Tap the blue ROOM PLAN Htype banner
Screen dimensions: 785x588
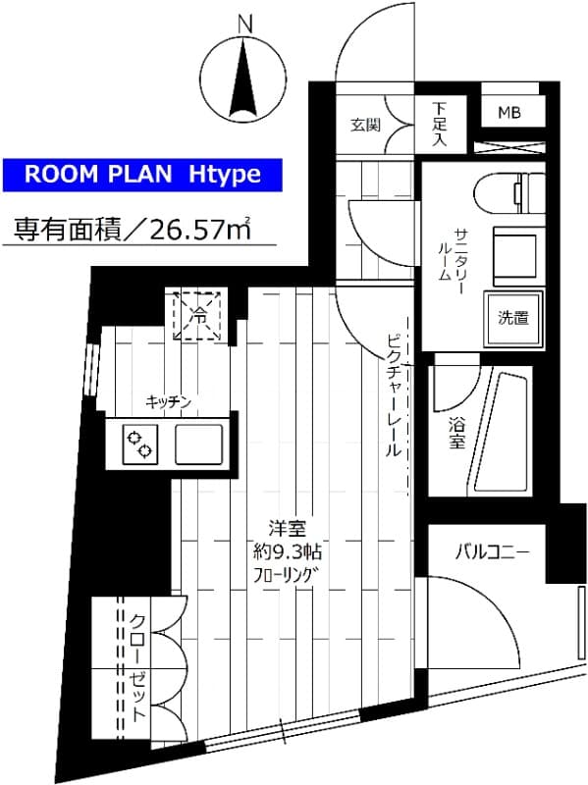pos(142,175)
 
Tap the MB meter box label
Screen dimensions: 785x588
pos(508,113)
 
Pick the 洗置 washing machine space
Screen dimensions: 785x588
pos(512,317)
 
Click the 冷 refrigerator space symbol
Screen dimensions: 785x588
pos(199,315)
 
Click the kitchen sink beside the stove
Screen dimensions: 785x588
pos(200,445)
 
